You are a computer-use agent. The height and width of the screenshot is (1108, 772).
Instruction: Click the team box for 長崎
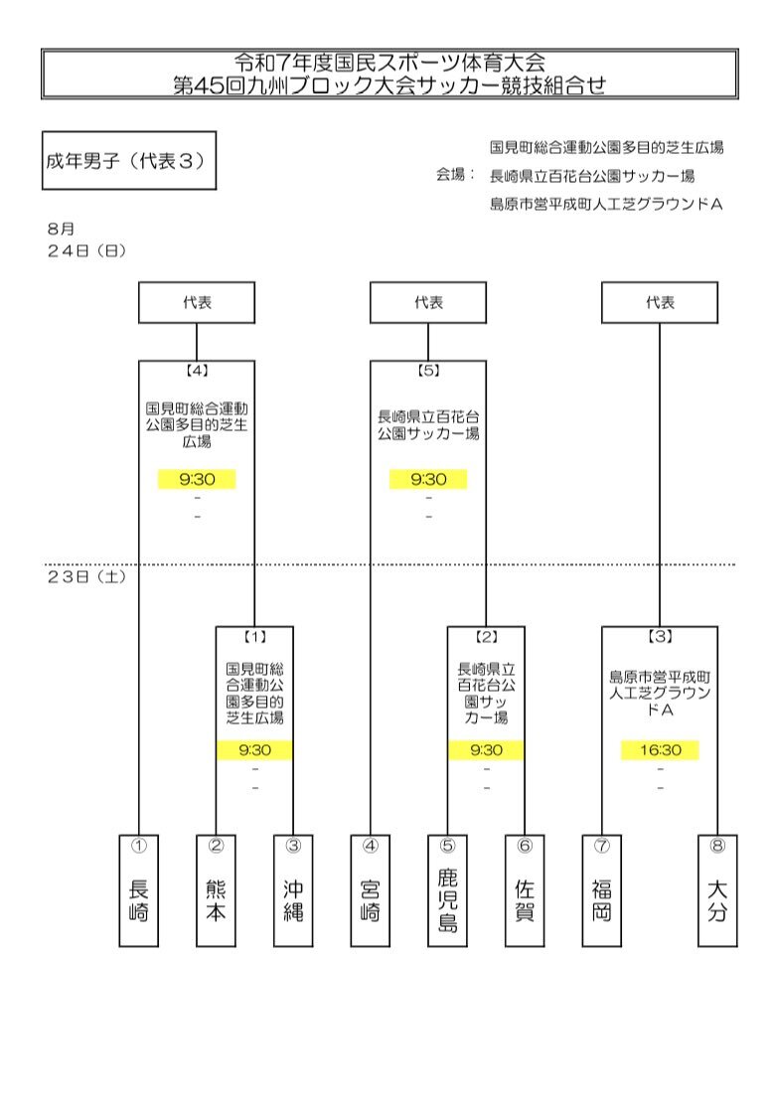[x=138, y=890]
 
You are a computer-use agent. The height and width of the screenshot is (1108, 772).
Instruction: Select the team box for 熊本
[x=216, y=890]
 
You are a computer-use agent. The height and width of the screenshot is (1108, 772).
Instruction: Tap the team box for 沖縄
[x=293, y=890]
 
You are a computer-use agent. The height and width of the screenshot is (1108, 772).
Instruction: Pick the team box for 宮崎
[x=371, y=890]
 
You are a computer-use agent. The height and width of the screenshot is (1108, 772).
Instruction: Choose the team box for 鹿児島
[x=447, y=890]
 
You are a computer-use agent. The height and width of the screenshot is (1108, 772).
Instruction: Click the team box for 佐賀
[x=525, y=890]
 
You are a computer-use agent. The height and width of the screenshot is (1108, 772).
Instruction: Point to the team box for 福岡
[x=602, y=890]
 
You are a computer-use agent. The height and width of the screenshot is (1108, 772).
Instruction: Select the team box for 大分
[x=717, y=890]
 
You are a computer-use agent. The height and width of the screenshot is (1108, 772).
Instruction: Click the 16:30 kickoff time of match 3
[x=661, y=750]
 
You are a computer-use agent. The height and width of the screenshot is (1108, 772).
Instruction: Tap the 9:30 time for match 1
[x=255, y=750]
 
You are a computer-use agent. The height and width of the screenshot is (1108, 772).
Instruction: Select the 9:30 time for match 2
[x=487, y=750]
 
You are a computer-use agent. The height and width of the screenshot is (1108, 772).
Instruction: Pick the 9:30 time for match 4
[x=197, y=480]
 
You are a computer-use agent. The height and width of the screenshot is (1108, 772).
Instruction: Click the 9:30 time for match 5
[x=429, y=480]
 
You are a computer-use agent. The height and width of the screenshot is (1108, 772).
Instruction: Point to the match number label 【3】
[x=660, y=637]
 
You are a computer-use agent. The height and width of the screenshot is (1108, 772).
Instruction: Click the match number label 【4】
[x=197, y=371]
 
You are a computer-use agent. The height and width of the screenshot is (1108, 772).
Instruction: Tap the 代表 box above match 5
[x=428, y=302]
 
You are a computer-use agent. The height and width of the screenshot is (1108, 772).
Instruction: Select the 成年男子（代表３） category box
[x=129, y=160]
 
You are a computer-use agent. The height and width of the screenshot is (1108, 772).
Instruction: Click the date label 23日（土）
[x=86, y=577]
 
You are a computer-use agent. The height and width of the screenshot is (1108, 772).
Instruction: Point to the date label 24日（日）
[x=86, y=250]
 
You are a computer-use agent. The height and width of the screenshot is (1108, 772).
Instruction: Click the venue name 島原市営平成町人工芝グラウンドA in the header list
[x=607, y=205]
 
